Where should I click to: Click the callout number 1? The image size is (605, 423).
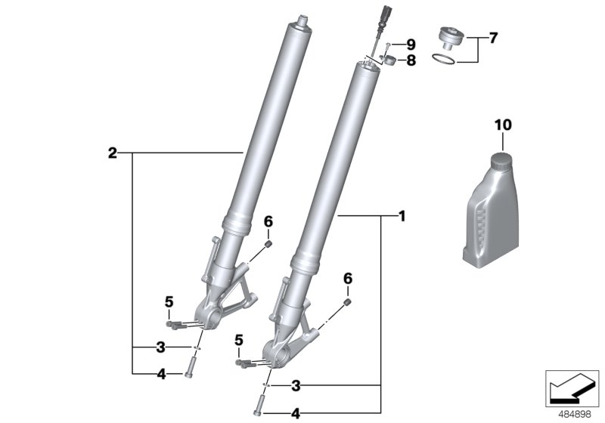coord(402,216)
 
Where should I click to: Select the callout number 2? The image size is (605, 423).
coord(113,153)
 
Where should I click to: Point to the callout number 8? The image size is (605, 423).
coord(411,60)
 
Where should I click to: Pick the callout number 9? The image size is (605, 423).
coord(411,44)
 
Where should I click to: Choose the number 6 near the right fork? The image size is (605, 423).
coord(348,279)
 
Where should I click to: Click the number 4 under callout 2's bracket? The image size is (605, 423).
coord(160,373)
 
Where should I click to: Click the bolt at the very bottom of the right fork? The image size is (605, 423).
coord(262,408)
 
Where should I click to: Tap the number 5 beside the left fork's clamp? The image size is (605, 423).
coord(169,303)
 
